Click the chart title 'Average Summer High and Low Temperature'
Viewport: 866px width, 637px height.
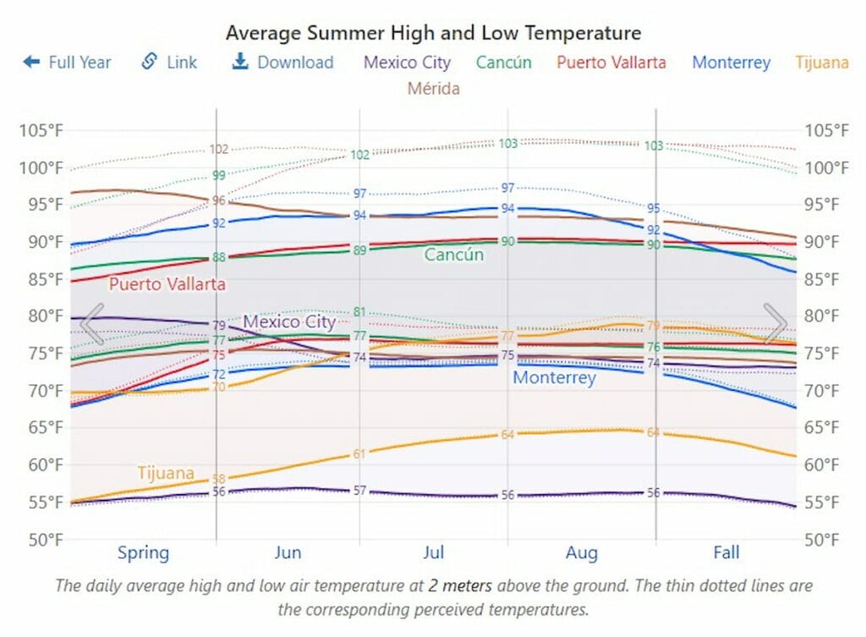tap(433, 33)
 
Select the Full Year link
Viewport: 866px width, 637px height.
tap(68, 62)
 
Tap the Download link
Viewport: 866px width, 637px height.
tap(282, 62)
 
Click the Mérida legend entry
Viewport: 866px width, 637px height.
tap(433, 88)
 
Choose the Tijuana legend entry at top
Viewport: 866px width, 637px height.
tap(822, 62)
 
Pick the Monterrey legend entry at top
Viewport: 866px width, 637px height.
tap(731, 62)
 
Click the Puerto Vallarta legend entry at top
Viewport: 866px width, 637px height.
tap(611, 62)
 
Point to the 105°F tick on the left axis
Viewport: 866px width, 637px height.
tap(41, 130)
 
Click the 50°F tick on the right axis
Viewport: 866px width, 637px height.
tap(825, 539)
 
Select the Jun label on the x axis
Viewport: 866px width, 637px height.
tap(288, 553)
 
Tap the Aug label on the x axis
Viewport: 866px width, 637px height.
tap(581, 553)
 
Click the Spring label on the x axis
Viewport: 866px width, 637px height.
tap(143, 553)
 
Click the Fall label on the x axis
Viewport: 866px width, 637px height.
tap(726, 553)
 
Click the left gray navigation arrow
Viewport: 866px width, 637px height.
tap(91, 323)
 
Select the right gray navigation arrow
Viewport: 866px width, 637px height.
tap(776, 323)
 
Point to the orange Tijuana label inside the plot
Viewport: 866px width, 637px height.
tap(166, 473)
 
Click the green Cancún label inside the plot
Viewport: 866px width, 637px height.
tap(454, 255)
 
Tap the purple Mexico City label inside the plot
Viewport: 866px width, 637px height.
tap(289, 321)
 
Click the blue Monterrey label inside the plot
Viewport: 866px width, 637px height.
tap(554, 377)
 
